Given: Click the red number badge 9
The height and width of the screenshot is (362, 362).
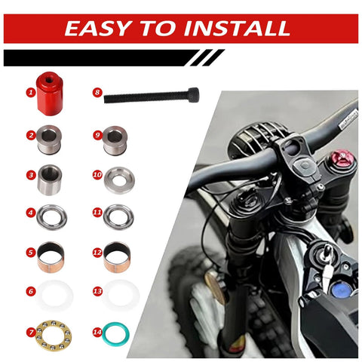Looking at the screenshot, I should pyautogui.click(x=97, y=136).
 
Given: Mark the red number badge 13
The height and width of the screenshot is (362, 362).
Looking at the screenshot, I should pyautogui.click(x=97, y=290).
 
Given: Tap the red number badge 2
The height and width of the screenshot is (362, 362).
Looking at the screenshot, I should pyautogui.click(x=32, y=136).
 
